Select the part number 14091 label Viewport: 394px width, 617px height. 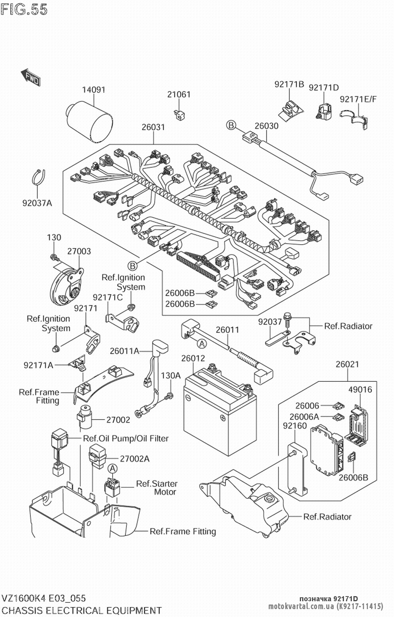click(93, 90)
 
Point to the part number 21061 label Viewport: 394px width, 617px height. click(178, 95)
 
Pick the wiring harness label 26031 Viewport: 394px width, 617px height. click(153, 127)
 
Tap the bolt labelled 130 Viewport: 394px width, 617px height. click(54, 258)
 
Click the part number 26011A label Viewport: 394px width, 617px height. click(125, 350)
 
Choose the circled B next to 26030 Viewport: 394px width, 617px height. click(230, 126)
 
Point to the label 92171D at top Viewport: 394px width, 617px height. click(323, 87)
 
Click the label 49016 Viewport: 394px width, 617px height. click(360, 390)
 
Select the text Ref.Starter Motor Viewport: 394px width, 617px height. click(156, 487)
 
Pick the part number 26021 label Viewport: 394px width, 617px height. click(347, 364)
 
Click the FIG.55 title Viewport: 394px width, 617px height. click(24, 9)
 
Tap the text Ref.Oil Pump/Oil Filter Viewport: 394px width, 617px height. click(125, 439)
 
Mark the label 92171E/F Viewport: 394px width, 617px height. click(358, 99)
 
